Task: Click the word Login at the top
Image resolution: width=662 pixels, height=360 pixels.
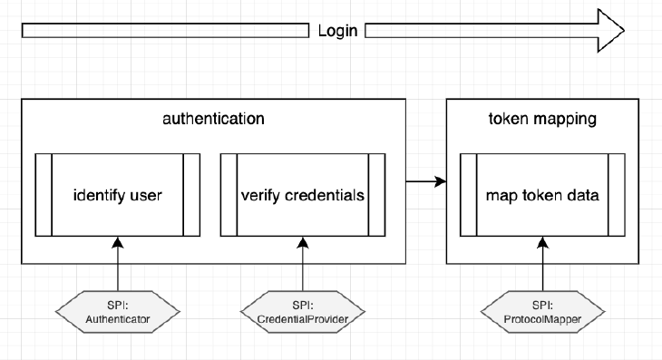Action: click(x=337, y=31)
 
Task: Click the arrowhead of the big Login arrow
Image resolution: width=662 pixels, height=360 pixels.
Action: click(x=610, y=31)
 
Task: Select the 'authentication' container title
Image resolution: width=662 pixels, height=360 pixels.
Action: click(x=213, y=119)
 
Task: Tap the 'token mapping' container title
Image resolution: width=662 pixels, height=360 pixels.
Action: click(x=542, y=119)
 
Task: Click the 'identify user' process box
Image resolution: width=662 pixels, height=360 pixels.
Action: click(x=118, y=195)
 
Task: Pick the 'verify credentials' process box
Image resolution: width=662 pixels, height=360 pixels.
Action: click(x=302, y=195)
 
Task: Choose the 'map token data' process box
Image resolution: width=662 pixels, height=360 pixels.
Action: click(x=542, y=195)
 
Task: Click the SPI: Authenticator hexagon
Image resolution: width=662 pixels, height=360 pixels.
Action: click(x=118, y=312)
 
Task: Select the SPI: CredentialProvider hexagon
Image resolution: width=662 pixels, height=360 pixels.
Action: click(x=302, y=312)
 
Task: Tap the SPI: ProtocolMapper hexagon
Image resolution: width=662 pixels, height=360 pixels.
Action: click(x=542, y=312)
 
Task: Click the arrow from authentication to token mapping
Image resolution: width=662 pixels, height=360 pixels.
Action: click(x=426, y=182)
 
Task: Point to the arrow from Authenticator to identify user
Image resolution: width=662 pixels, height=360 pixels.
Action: click(x=118, y=263)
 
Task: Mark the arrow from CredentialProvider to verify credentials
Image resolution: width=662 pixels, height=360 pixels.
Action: click(x=302, y=263)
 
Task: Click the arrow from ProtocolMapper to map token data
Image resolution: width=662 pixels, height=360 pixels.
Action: click(x=542, y=263)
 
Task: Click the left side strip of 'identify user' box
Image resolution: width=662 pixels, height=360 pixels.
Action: click(x=44, y=195)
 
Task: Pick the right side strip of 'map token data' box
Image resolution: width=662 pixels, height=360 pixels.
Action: click(x=616, y=195)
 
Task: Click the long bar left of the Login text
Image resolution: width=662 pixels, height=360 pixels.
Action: click(x=165, y=31)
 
